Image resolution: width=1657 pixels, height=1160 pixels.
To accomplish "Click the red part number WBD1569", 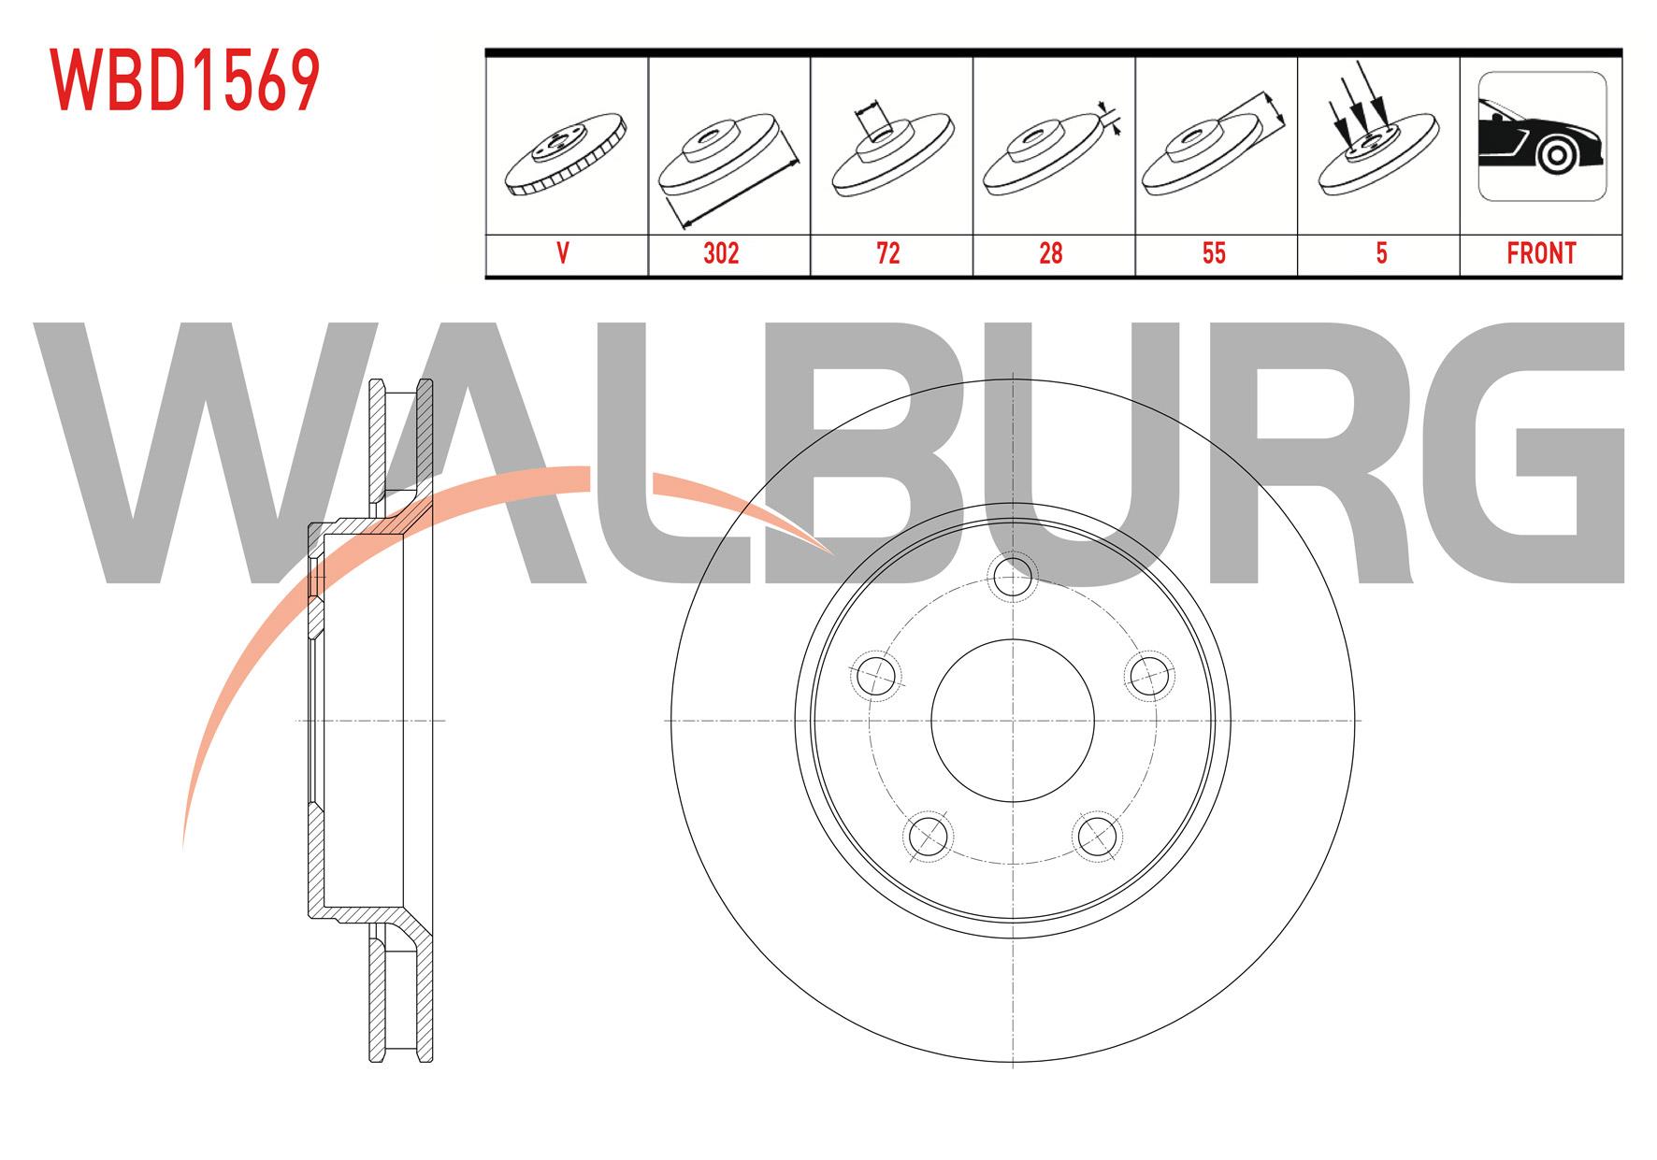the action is [x=185, y=80].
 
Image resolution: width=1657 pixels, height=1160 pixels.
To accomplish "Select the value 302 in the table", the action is [x=721, y=253].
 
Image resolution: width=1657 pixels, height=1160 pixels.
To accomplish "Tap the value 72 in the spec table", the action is [x=888, y=253].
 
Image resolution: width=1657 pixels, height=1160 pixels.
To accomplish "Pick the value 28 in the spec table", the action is [x=1051, y=253].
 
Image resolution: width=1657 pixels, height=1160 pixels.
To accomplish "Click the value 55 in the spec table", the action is [x=1214, y=253].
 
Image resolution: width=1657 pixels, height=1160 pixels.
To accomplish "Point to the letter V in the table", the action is [x=563, y=253].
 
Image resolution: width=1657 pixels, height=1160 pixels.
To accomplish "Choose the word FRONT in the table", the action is [x=1541, y=253].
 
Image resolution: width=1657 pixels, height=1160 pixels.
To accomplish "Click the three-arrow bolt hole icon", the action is [x=1377, y=136].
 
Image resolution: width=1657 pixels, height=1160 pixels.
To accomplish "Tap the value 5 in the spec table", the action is [x=1381, y=253].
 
